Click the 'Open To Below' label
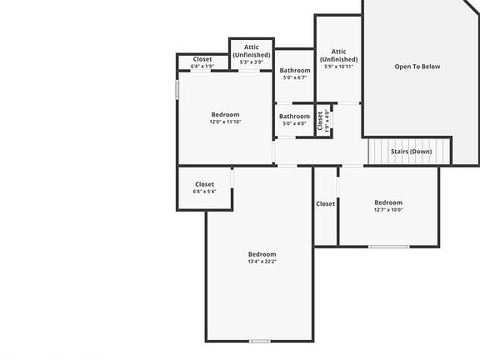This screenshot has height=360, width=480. pyautogui.click(x=417, y=67)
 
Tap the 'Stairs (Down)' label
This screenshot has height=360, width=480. pyautogui.click(x=411, y=152)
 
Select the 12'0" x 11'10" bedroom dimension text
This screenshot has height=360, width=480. pyautogui.click(x=225, y=122)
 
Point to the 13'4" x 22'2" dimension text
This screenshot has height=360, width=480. pyautogui.click(x=262, y=262)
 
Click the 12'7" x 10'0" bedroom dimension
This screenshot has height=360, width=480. pyautogui.click(x=388, y=210)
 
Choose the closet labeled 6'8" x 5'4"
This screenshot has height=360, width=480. pyautogui.click(x=204, y=192)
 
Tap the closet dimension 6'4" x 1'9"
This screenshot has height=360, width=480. pyautogui.click(x=202, y=66)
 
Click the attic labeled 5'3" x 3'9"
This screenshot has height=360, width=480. pyautogui.click(x=251, y=62)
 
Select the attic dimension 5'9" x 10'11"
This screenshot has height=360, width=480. pyautogui.click(x=338, y=67)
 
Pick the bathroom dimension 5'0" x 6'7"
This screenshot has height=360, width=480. pyautogui.click(x=295, y=77)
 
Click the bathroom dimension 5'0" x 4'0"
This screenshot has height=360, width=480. pyautogui.click(x=295, y=123)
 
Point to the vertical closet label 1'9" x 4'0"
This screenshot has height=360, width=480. pyautogui.click(x=327, y=119)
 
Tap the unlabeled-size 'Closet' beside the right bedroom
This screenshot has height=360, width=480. pyautogui.click(x=325, y=203)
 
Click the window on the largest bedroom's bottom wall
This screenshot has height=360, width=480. pyautogui.click(x=260, y=340)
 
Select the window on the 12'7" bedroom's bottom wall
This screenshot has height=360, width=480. pyautogui.click(x=388, y=247)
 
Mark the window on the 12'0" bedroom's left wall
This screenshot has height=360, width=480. pyautogui.click(x=177, y=88)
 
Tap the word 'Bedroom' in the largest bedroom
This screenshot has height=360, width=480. pyautogui.click(x=262, y=254)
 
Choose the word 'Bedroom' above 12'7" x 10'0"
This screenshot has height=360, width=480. pyautogui.click(x=388, y=202)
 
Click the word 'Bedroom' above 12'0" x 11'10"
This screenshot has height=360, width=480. pyautogui.click(x=225, y=115)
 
